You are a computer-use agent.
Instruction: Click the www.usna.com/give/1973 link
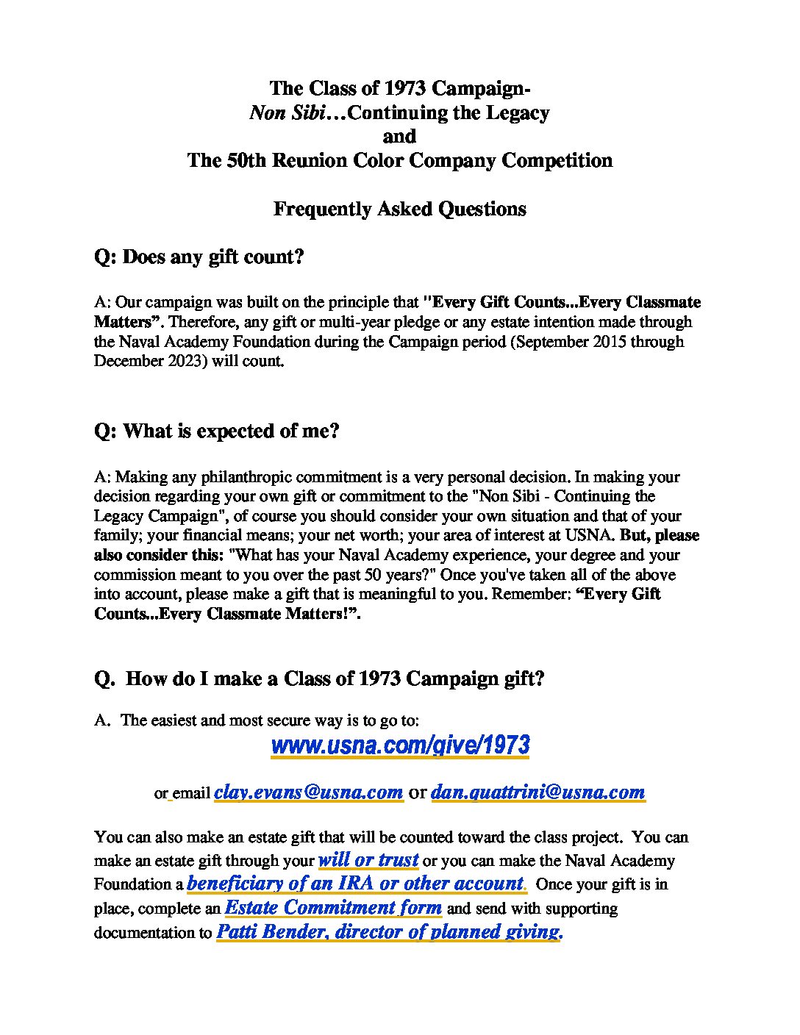(x=400, y=745)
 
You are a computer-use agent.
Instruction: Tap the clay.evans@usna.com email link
(x=308, y=792)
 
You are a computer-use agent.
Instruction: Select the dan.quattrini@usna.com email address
(x=537, y=792)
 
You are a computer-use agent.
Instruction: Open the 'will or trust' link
(x=368, y=859)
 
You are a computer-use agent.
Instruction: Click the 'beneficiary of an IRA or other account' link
(x=356, y=883)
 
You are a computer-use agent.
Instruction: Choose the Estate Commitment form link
(x=333, y=907)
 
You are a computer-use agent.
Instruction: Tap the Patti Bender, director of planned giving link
(x=389, y=931)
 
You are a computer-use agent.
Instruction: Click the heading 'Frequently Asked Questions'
(x=399, y=209)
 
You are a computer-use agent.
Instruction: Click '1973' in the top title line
(x=405, y=88)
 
